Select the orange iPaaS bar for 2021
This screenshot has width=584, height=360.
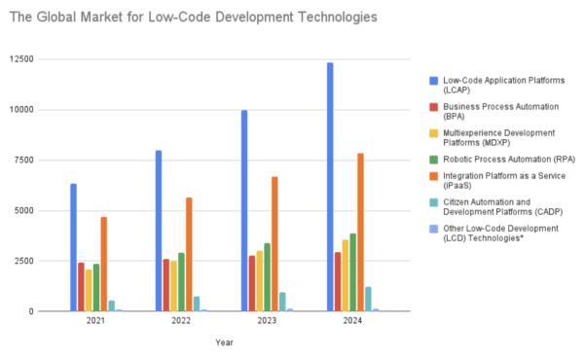pyautogui.click(x=104, y=264)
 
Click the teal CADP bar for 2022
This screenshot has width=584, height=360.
pyautogui.click(x=198, y=304)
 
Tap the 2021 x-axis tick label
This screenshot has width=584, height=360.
pyautogui.click(x=96, y=320)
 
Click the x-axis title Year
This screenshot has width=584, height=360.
pyautogui.click(x=225, y=342)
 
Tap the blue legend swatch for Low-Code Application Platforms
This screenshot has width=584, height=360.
pyautogui.click(x=433, y=79)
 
